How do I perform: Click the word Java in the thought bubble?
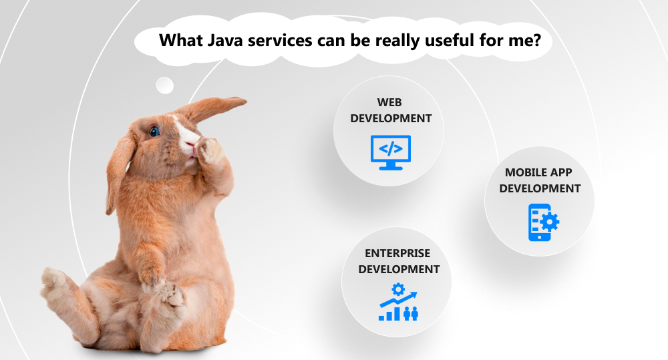pos(225,41)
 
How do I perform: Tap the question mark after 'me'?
pos(536,40)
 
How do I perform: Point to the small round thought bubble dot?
pos(165,85)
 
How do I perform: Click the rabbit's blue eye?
pos(154,131)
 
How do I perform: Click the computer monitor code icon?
pos(391,152)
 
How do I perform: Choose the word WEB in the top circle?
pos(389,102)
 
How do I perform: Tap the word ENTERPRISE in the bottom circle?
pos(397,253)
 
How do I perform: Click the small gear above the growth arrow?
pos(398,290)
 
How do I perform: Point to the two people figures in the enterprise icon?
pos(411,313)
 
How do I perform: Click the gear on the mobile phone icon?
pos(550,222)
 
